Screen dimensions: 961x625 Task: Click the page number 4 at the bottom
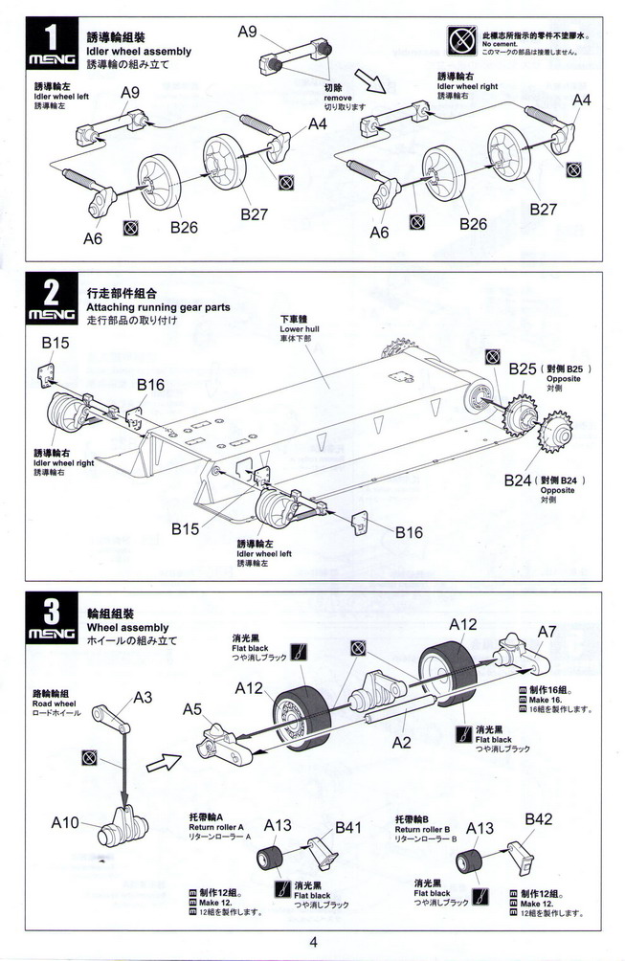[x=312, y=940]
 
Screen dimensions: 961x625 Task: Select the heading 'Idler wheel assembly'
[x=139, y=51]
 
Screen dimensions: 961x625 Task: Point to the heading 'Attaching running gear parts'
[x=158, y=307]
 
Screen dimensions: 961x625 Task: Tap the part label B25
[x=523, y=369]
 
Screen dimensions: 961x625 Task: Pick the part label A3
[x=143, y=697]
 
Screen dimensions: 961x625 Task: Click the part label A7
[x=547, y=632]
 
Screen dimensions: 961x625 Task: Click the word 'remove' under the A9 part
[x=338, y=98]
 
